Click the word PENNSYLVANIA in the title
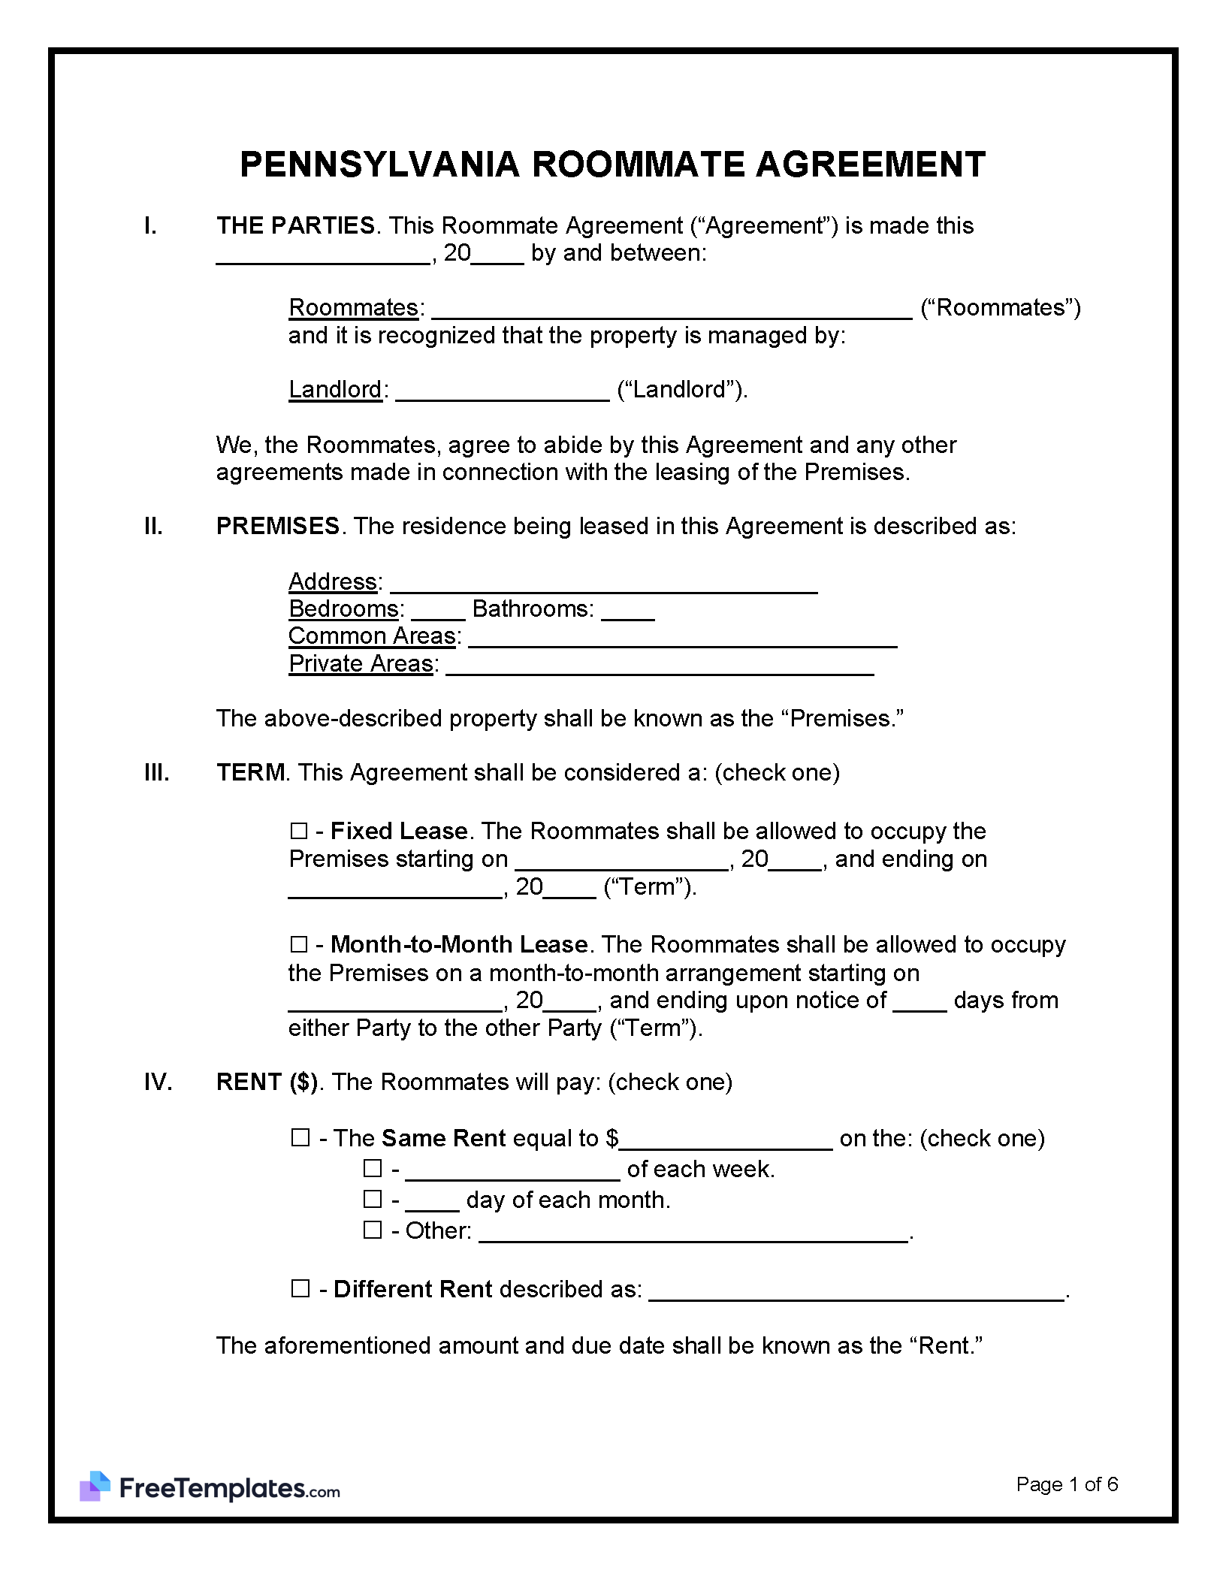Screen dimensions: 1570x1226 tap(379, 165)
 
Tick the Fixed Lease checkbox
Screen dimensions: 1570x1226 tap(299, 832)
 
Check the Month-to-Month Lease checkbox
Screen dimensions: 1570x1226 tap(299, 944)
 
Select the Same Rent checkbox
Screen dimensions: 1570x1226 tap(300, 1138)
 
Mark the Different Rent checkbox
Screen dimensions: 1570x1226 tap(300, 1289)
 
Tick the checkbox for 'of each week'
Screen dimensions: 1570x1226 tap(373, 1169)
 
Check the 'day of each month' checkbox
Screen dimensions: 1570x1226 tap(373, 1200)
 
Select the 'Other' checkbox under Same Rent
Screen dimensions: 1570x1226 tap(373, 1230)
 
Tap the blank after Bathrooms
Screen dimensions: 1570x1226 tap(628, 613)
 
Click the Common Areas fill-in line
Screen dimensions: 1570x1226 tap(682, 640)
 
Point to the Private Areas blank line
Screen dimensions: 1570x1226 tap(660, 668)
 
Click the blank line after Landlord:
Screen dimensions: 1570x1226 tap(502, 394)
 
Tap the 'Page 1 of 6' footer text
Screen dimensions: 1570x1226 tap(1067, 1484)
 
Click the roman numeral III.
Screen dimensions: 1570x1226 tap(156, 773)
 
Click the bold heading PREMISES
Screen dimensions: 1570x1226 tap(278, 526)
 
